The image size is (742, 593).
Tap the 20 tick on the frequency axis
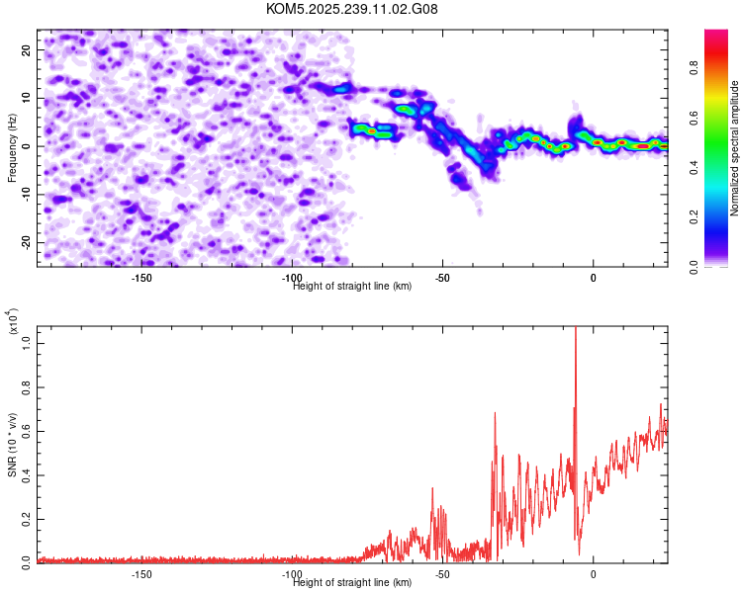(x=26, y=49)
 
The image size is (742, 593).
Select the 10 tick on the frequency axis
(x=26, y=98)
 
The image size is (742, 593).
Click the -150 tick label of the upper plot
(x=141, y=278)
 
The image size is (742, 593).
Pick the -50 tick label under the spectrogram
(x=442, y=278)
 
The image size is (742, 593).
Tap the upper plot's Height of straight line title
(x=352, y=287)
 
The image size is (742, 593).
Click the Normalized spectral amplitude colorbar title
(x=735, y=148)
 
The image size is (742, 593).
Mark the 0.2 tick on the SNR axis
(x=26, y=518)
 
